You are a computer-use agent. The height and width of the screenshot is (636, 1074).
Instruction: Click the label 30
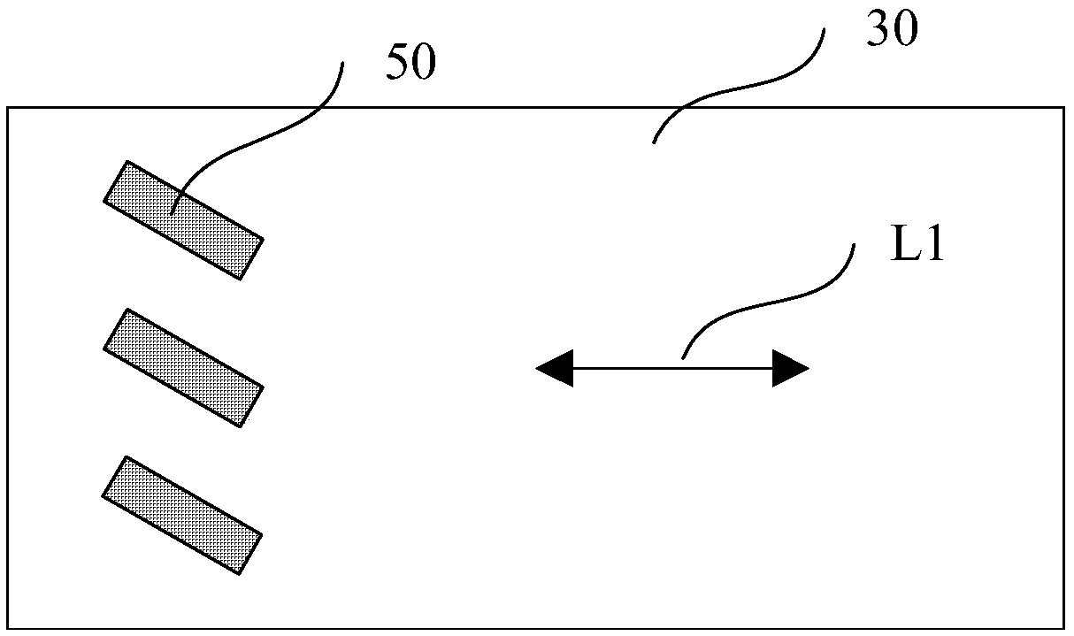[893, 31]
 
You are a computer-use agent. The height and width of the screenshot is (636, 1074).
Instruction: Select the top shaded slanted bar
[184, 220]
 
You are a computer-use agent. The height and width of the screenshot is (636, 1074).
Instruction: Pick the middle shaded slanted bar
[184, 368]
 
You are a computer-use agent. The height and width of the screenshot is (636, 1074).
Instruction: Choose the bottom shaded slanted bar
[183, 515]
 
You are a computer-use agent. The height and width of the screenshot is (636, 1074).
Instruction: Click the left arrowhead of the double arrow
[555, 368]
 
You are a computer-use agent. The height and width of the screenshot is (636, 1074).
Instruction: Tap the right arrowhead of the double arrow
[790, 368]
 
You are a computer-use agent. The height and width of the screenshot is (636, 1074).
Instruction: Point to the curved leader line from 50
[265, 133]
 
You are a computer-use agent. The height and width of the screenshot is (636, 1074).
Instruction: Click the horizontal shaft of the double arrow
[672, 368]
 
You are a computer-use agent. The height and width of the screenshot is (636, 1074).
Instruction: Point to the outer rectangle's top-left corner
[8, 108]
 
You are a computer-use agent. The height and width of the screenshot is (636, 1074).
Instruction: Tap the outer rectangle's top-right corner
[1063, 108]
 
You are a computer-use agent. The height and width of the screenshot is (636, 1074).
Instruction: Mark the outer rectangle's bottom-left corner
[8, 629]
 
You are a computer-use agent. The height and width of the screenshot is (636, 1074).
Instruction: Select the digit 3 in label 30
[880, 31]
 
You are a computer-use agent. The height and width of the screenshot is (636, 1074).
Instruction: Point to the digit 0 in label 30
[906, 31]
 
